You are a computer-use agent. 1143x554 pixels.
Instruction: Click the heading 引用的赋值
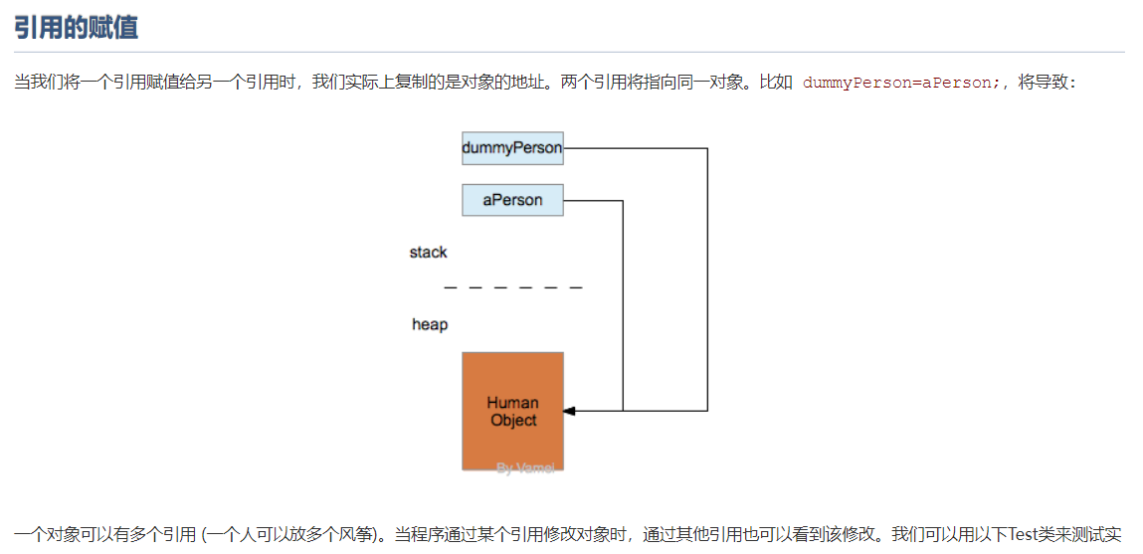tap(76, 27)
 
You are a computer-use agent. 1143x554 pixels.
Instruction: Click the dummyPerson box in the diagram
tap(512, 148)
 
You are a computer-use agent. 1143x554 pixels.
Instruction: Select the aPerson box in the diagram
tap(512, 200)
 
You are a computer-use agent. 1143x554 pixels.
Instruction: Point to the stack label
tap(428, 253)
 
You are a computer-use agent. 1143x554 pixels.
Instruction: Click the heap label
tap(430, 324)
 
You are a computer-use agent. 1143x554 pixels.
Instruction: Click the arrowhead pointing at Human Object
tap(569, 410)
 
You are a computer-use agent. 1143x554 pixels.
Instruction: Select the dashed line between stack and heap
tap(512, 287)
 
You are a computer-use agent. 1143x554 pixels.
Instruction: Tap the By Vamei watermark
tap(525, 467)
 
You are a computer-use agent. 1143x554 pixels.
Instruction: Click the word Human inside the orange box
tap(512, 403)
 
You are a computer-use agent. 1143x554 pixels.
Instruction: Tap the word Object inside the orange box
tap(513, 420)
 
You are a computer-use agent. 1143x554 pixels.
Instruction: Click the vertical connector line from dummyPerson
tap(707, 278)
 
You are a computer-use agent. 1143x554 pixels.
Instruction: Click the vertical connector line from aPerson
tap(623, 303)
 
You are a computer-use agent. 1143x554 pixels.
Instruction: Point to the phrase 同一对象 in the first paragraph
tap(710, 83)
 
